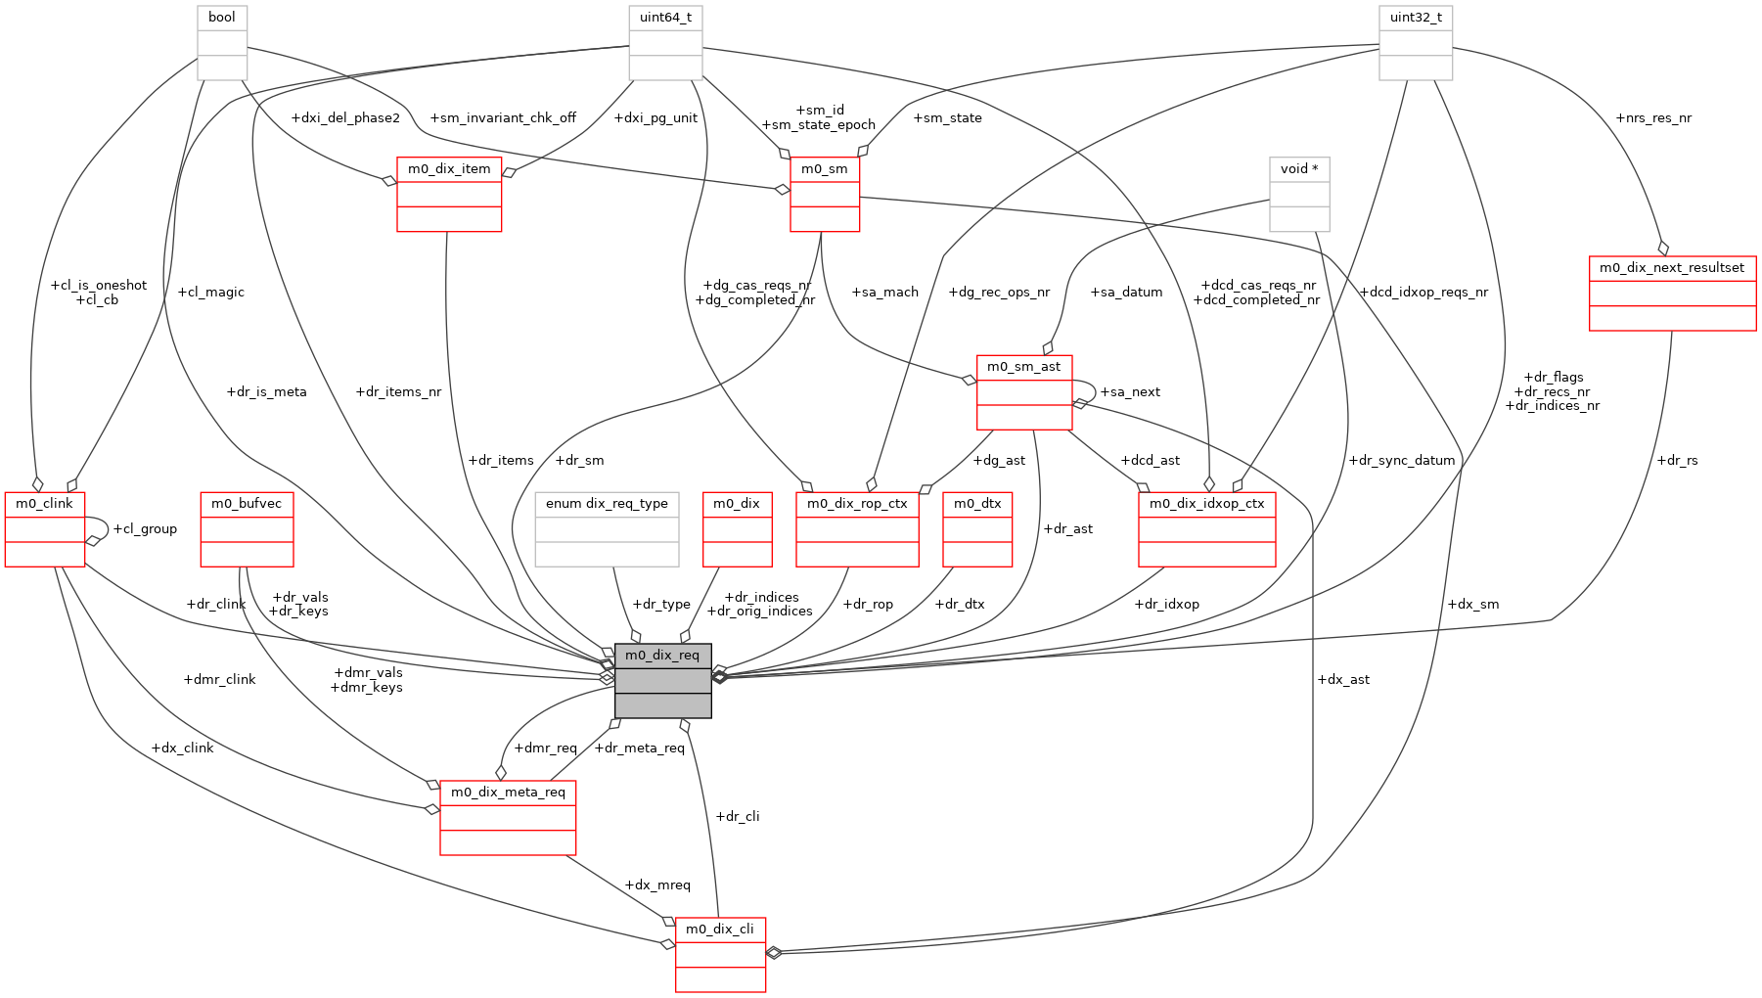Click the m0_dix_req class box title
click(662, 655)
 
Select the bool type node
click(222, 18)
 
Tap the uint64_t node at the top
click(665, 18)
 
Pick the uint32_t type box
click(1415, 18)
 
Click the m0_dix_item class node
click(449, 169)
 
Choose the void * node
click(1298, 169)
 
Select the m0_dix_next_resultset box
click(1671, 268)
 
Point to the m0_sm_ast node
click(1023, 367)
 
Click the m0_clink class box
click(44, 504)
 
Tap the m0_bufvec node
click(247, 504)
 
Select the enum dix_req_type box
click(607, 504)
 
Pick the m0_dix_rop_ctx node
click(857, 504)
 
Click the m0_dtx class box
click(977, 504)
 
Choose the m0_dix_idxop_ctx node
click(1206, 504)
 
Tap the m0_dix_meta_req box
click(508, 793)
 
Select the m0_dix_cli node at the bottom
click(720, 930)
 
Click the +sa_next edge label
click(1130, 392)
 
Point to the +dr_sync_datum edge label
click(1401, 461)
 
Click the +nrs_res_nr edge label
click(1653, 118)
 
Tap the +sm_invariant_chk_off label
click(503, 118)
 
